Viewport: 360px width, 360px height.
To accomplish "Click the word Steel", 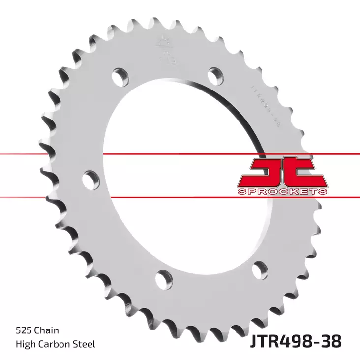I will click(85, 344).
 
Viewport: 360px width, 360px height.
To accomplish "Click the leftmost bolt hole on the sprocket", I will click(90, 180).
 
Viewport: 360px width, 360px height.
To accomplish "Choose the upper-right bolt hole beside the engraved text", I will click(215, 75).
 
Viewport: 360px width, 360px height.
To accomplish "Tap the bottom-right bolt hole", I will click(259, 270).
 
